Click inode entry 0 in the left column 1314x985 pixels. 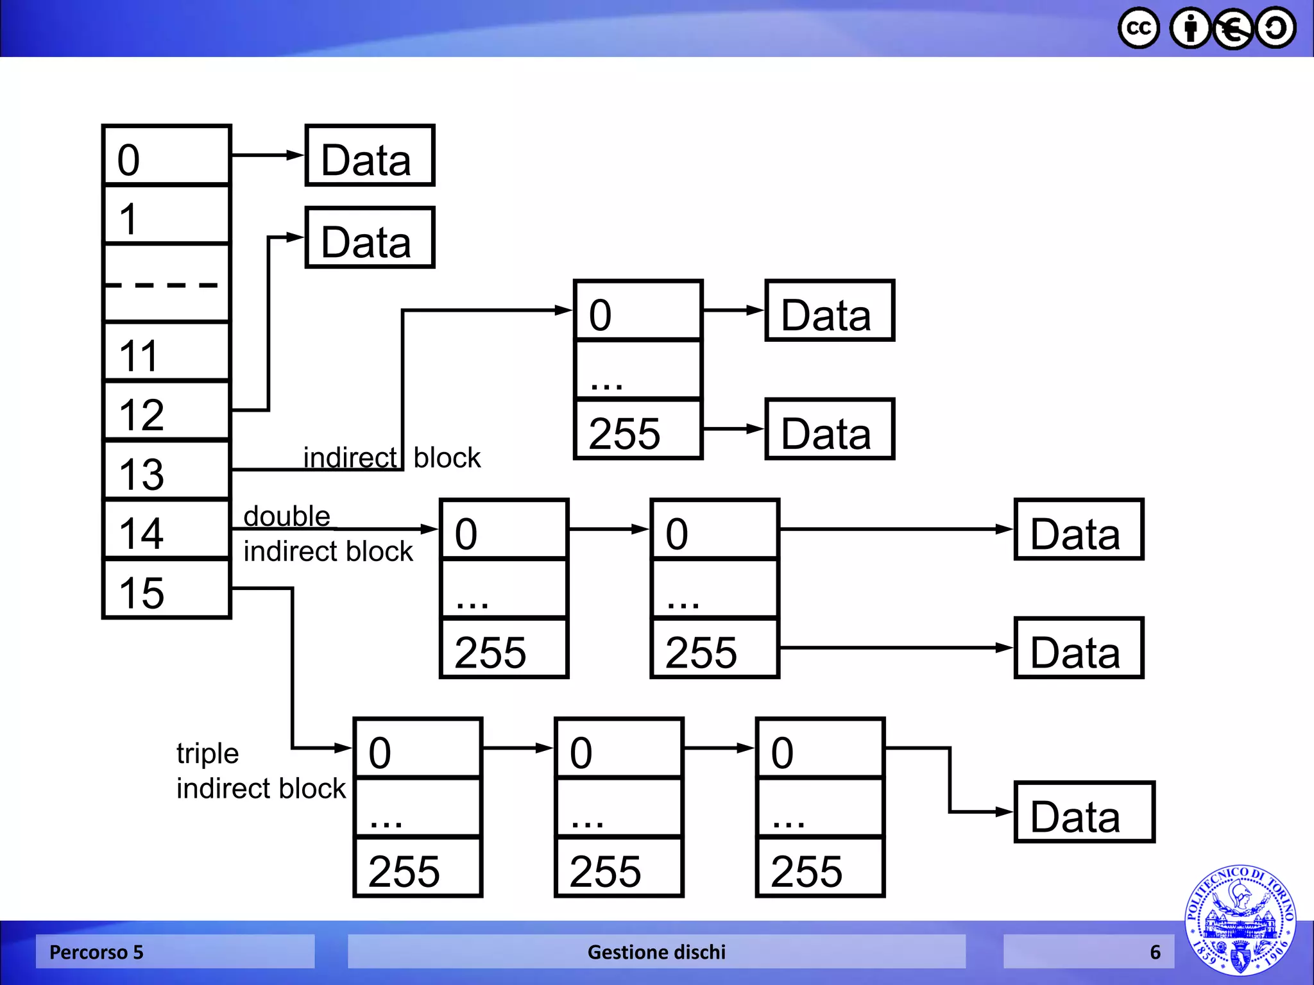(166, 156)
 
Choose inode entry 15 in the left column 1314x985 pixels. (166, 589)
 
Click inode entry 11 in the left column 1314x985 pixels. (166, 353)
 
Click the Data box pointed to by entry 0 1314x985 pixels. (370, 156)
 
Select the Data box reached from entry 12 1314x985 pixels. (370, 238)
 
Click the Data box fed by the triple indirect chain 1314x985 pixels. (1084, 812)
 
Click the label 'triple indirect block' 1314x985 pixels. (260, 771)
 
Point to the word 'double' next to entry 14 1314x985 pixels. (287, 516)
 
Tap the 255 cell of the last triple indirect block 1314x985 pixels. (820, 868)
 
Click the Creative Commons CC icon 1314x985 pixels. (1139, 28)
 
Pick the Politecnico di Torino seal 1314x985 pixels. (1240, 921)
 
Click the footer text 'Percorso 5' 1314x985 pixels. (96, 952)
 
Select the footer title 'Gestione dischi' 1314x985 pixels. (656, 952)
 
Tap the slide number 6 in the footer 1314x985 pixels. (1155, 952)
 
